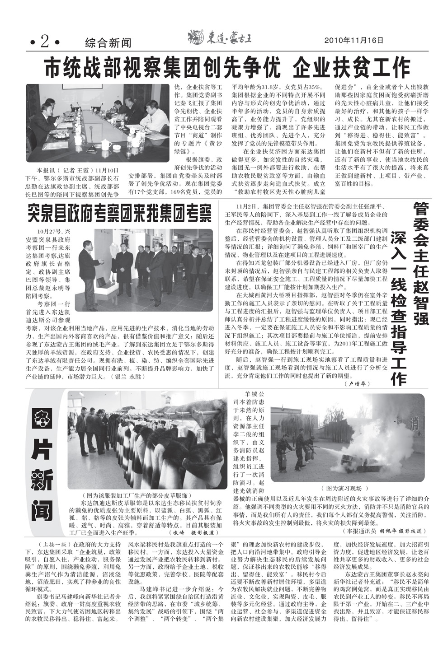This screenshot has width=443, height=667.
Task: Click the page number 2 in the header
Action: click(44, 42)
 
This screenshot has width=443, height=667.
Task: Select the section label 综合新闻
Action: click(108, 43)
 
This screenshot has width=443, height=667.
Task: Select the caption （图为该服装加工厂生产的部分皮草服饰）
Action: click(137, 495)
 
